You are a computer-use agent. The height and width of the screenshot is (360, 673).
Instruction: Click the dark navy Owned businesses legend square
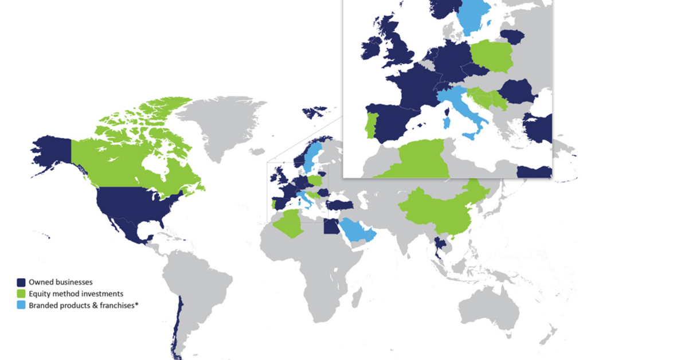coord(21,282)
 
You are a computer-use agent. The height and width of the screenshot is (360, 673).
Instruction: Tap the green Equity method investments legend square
coord(21,294)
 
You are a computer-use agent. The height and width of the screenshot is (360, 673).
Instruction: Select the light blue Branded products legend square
coord(21,306)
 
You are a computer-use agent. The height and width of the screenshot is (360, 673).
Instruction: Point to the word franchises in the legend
coord(112,306)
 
